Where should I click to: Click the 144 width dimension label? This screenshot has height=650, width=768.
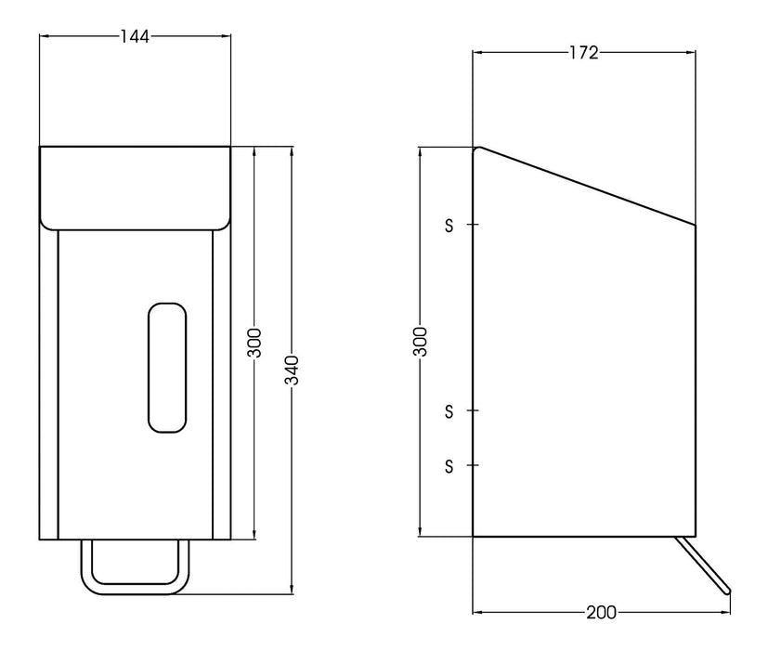click(135, 36)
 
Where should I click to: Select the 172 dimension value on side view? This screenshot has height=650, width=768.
click(583, 53)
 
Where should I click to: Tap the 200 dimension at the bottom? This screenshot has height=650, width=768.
click(601, 613)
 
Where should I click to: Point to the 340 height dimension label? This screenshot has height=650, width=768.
click(292, 369)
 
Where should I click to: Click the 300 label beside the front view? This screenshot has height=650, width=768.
click(255, 342)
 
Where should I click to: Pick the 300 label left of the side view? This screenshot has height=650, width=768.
click(420, 342)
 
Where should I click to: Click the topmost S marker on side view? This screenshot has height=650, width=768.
click(449, 225)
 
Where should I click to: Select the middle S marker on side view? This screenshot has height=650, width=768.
click(449, 409)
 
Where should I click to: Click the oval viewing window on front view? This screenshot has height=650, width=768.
click(166, 367)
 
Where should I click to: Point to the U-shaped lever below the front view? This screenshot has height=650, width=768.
click(136, 585)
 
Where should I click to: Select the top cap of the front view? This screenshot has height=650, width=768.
click(135, 186)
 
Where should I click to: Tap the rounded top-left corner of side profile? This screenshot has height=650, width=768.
click(477, 149)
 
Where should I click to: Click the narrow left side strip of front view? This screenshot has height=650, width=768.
click(48, 381)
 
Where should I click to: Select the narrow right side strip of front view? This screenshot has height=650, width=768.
click(221, 381)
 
